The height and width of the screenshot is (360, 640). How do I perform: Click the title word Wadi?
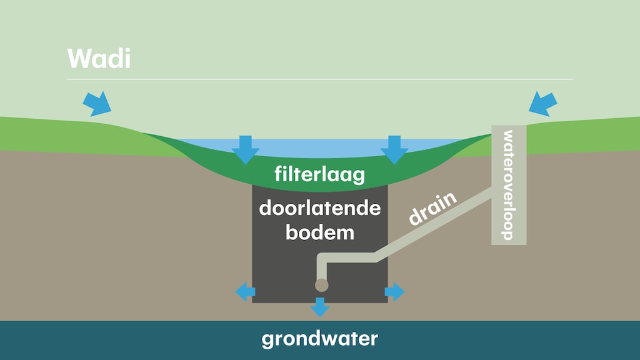pyautogui.click(x=99, y=58)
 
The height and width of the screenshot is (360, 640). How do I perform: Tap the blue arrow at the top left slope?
pyautogui.click(x=96, y=102)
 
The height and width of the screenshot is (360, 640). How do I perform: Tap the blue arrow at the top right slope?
pyautogui.click(x=542, y=102)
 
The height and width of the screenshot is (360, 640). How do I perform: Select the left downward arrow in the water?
pyautogui.click(x=244, y=149)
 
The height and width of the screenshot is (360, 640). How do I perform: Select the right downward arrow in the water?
pyautogui.click(x=394, y=149)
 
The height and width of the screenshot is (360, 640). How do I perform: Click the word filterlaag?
pyautogui.click(x=319, y=174)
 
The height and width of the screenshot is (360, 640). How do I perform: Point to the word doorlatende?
pyautogui.click(x=319, y=207)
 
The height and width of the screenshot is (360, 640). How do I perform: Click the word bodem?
pyautogui.click(x=319, y=232)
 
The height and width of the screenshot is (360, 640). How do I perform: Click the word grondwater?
pyautogui.click(x=319, y=339)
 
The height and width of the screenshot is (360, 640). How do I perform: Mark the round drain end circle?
pyautogui.click(x=321, y=285)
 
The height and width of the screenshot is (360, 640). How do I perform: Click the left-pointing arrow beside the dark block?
pyautogui.click(x=245, y=291)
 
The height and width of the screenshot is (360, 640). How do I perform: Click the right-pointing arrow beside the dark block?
pyautogui.click(x=395, y=291)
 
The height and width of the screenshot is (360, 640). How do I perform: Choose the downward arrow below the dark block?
pyautogui.click(x=320, y=306)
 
